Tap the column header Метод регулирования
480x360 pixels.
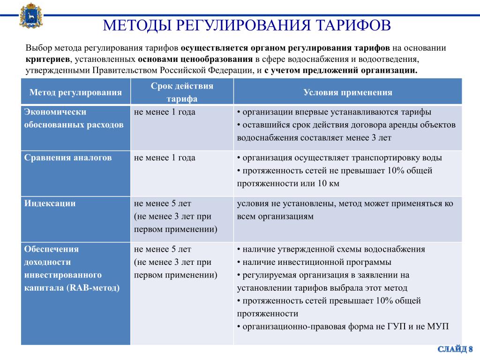75,92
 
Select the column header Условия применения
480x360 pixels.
347,92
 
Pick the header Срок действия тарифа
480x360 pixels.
181,92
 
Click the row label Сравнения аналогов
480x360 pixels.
68,158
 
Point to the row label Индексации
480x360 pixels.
50,203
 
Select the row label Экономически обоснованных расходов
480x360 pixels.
74,119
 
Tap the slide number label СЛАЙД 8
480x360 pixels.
455,349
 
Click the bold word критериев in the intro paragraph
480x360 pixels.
47,60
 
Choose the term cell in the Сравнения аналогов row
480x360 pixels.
165,158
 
